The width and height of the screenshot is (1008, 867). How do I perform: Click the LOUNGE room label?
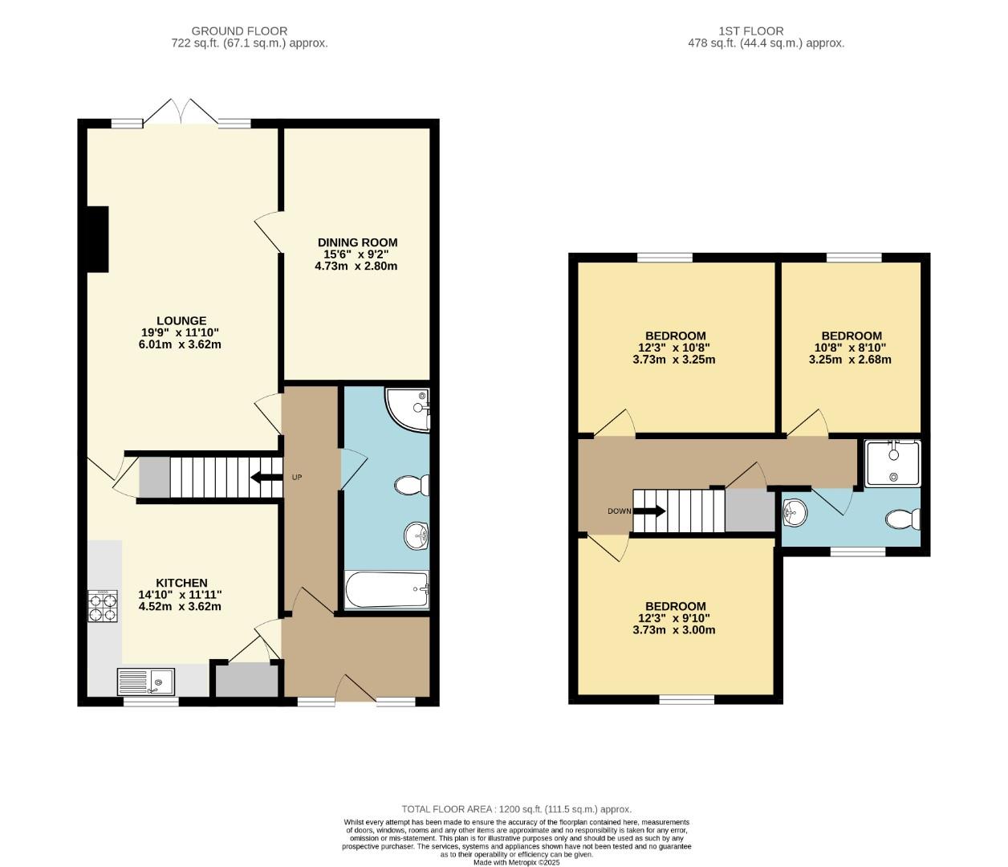181,321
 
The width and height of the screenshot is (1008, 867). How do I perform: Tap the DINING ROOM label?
357,242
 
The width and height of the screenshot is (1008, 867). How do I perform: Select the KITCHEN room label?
181,583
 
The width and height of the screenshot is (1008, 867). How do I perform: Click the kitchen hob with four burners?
103,606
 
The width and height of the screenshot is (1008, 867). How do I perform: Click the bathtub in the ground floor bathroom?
387,590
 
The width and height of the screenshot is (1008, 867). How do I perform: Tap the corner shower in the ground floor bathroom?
409,408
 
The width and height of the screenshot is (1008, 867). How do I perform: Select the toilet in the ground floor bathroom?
413,485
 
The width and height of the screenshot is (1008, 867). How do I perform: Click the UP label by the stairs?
296,478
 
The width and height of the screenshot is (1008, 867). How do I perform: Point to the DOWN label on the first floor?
619,511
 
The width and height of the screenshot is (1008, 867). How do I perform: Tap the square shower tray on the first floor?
892,463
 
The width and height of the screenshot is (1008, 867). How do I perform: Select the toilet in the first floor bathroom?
903,519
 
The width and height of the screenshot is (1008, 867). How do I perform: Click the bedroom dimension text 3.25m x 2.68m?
850,360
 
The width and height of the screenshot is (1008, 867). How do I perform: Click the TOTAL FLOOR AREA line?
516,809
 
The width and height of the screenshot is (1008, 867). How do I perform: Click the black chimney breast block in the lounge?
98,239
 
